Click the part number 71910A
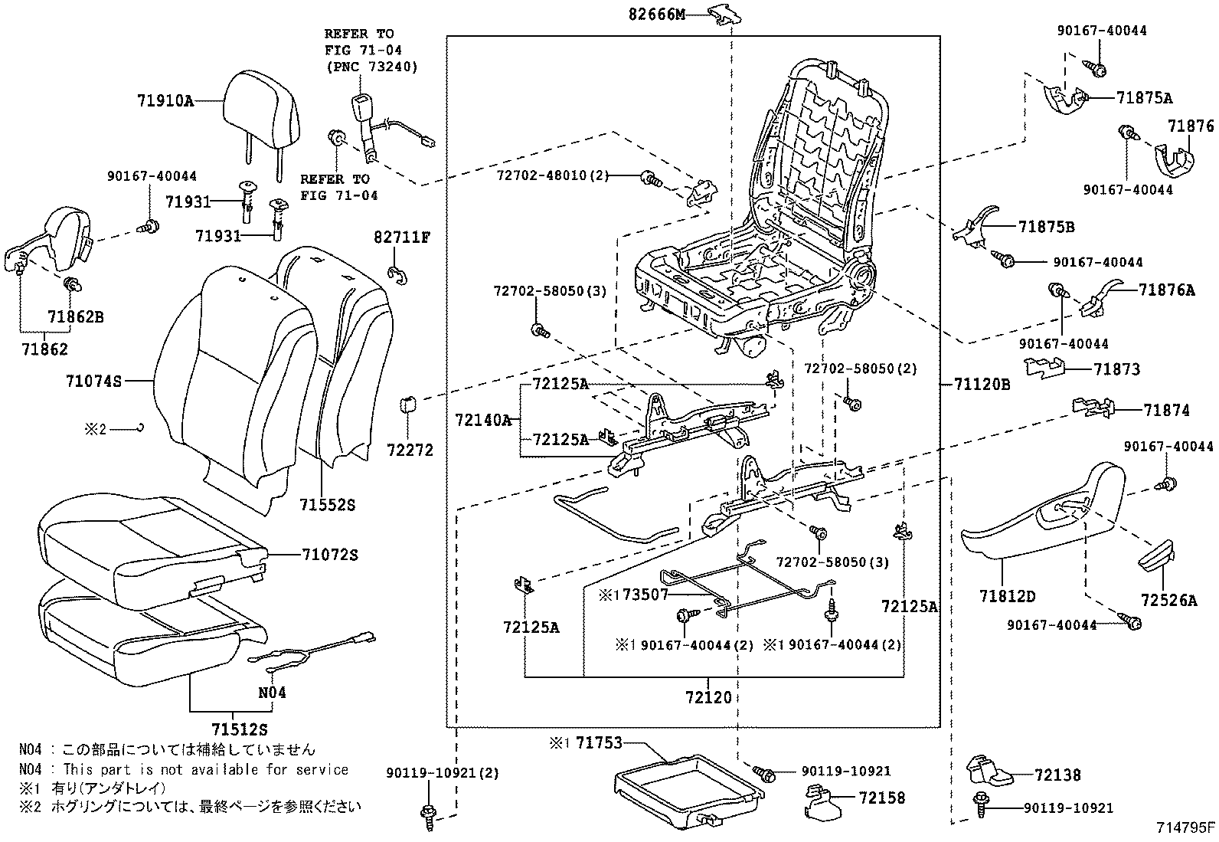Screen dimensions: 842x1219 click(x=165, y=100)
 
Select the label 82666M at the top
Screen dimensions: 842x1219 click(x=656, y=14)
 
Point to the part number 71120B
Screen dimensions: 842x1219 click(x=982, y=385)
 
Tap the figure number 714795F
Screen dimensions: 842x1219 click(x=1185, y=827)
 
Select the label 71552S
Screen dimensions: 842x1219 click(x=327, y=505)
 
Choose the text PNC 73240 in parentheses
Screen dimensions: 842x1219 click(x=371, y=67)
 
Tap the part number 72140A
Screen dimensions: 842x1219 click(x=482, y=420)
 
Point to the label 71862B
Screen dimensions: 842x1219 click(x=75, y=316)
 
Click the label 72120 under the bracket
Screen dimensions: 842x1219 click(x=708, y=697)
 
